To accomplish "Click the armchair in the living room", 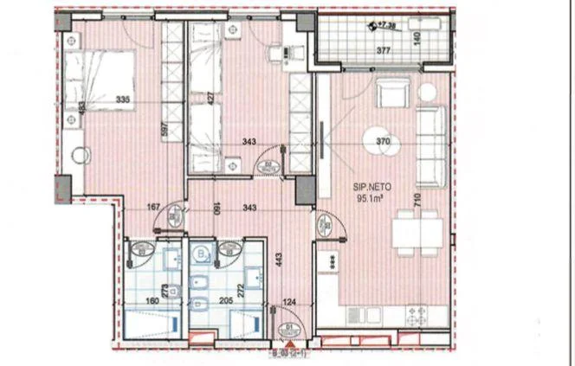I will point(391,92).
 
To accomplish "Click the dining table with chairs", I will point(417,233).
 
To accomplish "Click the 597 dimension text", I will point(164,132).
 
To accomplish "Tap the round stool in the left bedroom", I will point(81,156).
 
